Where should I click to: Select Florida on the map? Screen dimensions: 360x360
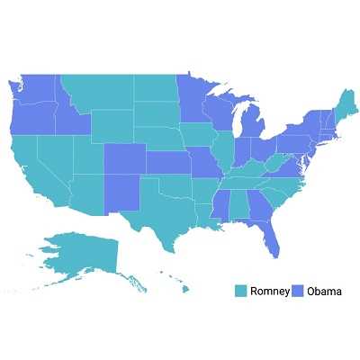coord(271,236)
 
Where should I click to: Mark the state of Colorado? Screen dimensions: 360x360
coord(122,160)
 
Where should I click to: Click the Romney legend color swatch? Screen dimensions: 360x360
coord(240,291)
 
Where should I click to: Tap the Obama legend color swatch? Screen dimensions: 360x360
coord(298,291)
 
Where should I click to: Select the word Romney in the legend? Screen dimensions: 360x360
coord(270,291)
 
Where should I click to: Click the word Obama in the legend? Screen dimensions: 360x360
coord(324,291)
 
